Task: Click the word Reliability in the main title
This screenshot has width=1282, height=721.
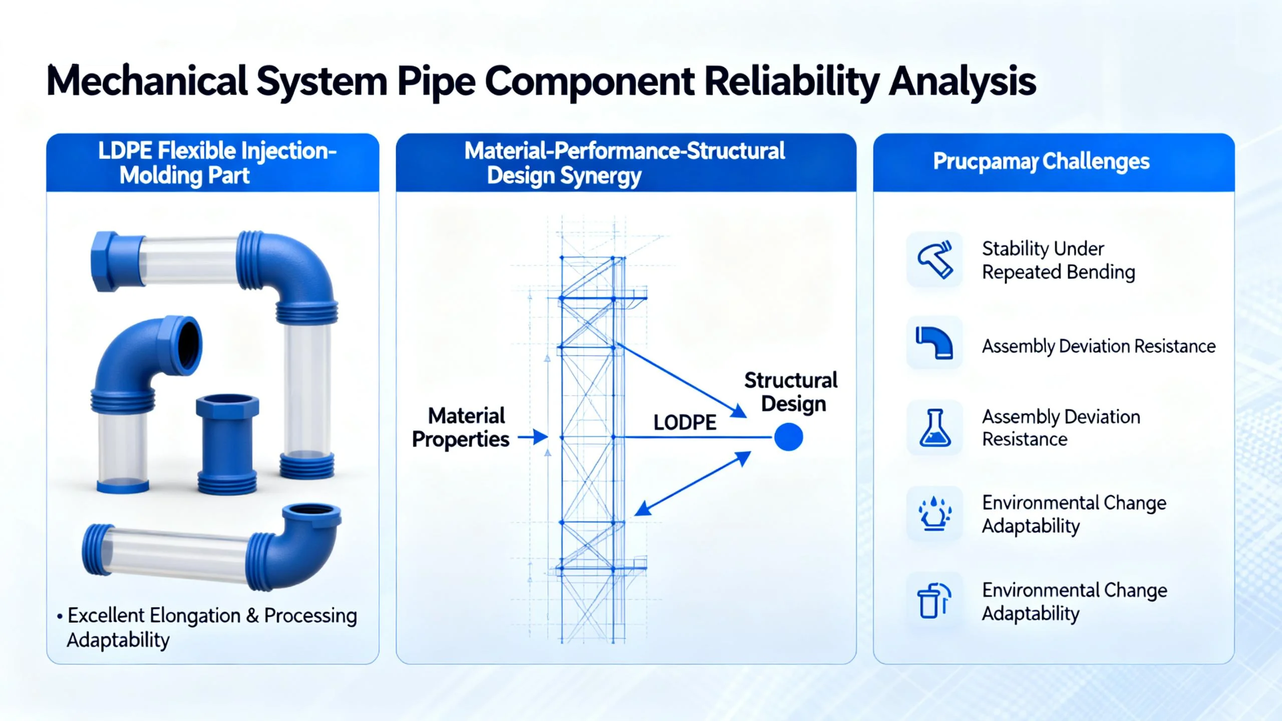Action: (x=791, y=81)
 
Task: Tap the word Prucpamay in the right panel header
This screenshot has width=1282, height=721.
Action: (x=985, y=162)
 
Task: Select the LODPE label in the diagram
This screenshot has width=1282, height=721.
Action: (x=685, y=423)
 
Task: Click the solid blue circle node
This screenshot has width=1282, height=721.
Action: (x=788, y=437)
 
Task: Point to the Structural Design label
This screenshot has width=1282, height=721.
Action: (x=791, y=392)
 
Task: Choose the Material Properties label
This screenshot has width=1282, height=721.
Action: (x=461, y=428)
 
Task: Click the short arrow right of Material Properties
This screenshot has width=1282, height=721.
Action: (x=533, y=437)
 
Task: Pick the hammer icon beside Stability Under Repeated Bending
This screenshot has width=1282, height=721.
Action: (x=934, y=259)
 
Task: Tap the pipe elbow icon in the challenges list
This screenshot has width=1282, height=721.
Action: (x=934, y=343)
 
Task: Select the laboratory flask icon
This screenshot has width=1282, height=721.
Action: (x=934, y=428)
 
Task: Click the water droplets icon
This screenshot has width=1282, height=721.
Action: (x=934, y=513)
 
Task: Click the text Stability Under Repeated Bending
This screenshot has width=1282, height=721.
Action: (x=1058, y=260)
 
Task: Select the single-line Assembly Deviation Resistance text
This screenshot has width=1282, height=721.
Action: (x=1099, y=346)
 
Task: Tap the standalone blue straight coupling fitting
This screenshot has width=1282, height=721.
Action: (x=227, y=443)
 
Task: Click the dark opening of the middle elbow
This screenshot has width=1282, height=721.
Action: (x=190, y=344)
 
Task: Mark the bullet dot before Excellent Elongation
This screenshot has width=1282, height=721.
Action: (x=60, y=616)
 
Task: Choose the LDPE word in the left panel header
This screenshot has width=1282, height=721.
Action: (x=125, y=151)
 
